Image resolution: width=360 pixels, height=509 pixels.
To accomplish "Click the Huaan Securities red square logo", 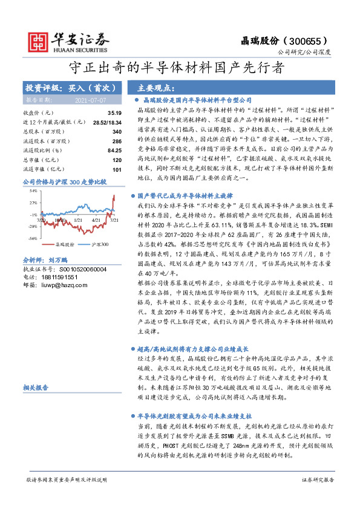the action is coord(38,41).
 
